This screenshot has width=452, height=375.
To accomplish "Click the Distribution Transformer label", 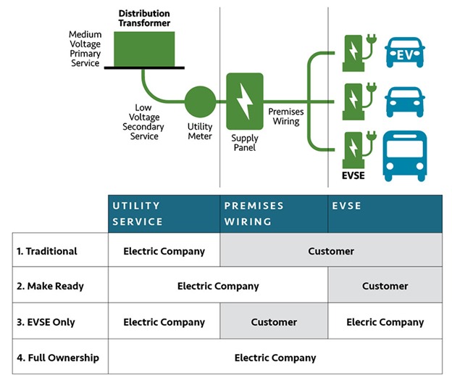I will [144, 18].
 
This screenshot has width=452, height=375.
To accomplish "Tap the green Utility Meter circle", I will [200, 102].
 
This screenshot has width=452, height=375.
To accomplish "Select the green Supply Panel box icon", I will [244, 101].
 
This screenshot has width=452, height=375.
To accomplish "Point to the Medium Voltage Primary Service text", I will [85, 49].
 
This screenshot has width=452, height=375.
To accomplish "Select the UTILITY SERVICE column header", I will [164, 213].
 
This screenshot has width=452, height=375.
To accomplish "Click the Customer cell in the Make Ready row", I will [385, 287].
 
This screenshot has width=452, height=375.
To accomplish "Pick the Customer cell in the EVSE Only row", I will [274, 322].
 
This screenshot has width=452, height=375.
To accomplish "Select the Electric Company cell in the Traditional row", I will [164, 251].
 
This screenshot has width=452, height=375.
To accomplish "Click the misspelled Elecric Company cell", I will [385, 322].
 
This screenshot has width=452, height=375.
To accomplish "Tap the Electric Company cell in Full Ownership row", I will [275, 358].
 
